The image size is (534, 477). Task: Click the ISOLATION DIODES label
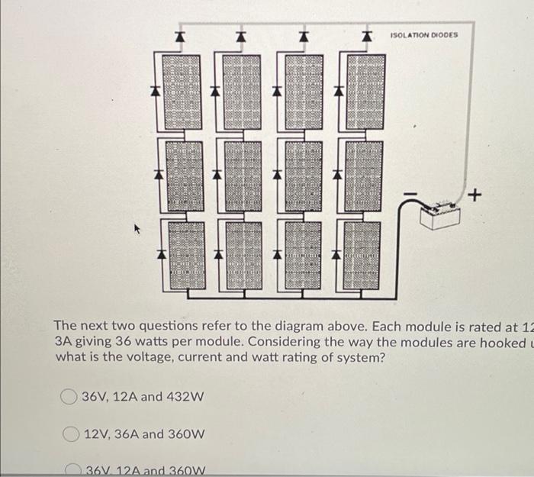(x=424, y=35)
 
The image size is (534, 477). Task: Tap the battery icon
(x=441, y=214)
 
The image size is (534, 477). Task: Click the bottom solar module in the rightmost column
(x=363, y=255)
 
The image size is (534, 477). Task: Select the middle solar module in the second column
(x=241, y=175)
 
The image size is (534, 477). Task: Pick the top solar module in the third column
(x=302, y=91)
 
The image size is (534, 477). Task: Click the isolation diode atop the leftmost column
(x=179, y=36)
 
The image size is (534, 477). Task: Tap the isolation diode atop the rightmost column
(x=365, y=36)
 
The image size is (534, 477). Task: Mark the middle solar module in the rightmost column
(x=363, y=175)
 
